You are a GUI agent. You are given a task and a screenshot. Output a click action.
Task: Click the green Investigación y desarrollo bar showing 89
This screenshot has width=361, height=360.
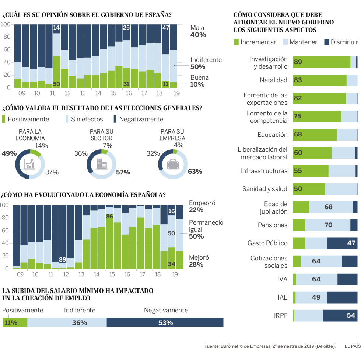click(x=321, y=62)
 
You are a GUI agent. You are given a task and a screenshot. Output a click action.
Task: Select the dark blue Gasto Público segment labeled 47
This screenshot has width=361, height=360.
click(x=342, y=243)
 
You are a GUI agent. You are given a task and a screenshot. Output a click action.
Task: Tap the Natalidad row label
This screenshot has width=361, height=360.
click(x=273, y=80)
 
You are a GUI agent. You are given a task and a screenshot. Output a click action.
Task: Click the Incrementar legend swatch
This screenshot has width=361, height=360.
click(x=236, y=42)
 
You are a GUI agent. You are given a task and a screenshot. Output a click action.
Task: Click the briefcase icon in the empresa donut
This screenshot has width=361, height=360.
click(x=172, y=164)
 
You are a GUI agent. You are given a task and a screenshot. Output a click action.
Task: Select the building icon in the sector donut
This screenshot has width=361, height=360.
click(x=101, y=164)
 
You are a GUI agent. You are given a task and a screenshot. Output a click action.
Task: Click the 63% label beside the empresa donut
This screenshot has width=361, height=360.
click(x=195, y=172)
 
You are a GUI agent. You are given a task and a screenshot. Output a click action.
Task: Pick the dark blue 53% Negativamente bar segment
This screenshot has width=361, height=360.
click(x=165, y=322)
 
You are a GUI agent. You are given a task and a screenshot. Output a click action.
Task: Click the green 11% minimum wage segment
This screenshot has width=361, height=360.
click(x=15, y=322)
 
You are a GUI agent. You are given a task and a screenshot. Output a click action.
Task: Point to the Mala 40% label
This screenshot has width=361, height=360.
click(x=198, y=31)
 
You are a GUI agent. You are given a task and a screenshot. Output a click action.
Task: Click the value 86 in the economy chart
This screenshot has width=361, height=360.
click(x=109, y=217)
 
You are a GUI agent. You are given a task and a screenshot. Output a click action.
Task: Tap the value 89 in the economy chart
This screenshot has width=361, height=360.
click(x=63, y=259)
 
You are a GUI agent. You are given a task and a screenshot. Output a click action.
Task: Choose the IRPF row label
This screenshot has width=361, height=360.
click(x=281, y=315)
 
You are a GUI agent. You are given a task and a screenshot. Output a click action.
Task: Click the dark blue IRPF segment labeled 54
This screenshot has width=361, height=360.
click(x=340, y=315)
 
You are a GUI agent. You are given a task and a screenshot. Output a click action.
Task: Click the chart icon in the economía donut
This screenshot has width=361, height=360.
click(x=29, y=164)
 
